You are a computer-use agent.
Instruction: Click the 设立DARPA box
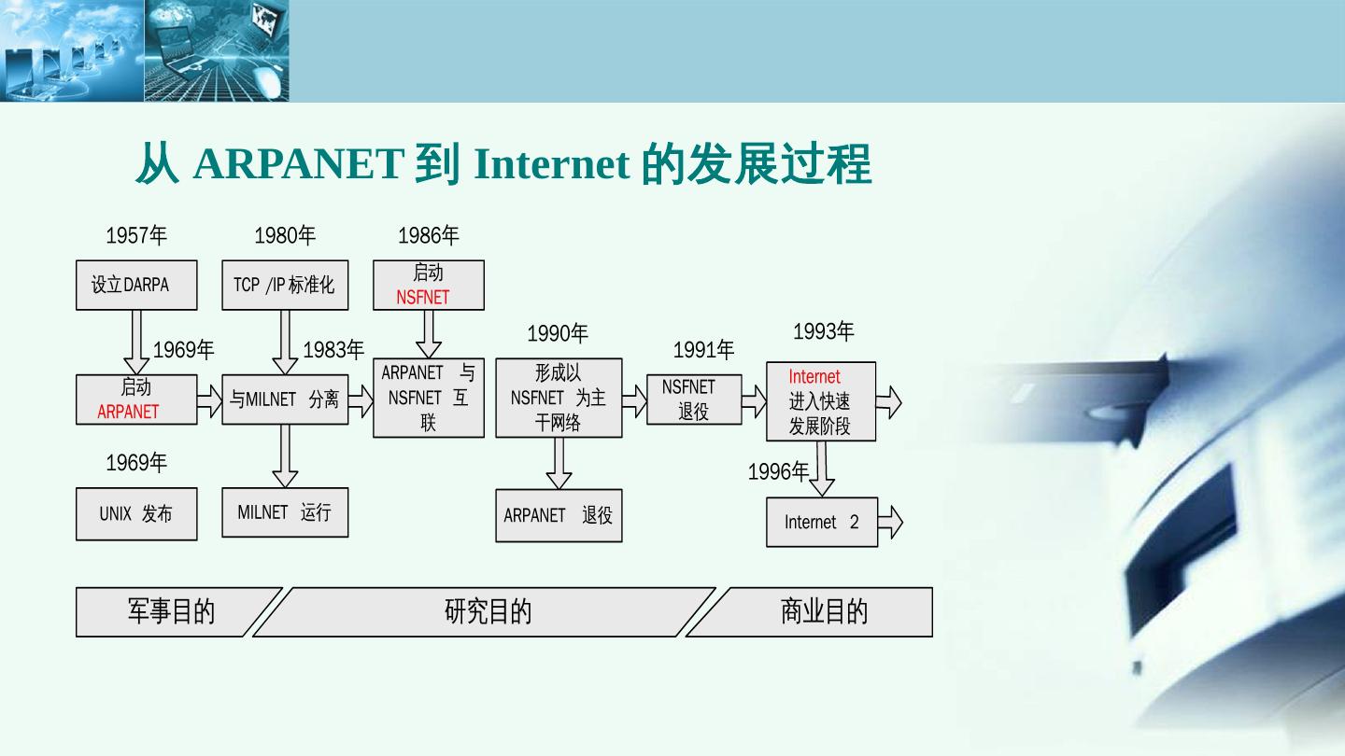pyautogui.click(x=136, y=285)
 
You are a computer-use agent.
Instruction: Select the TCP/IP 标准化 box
pyautogui.click(x=285, y=285)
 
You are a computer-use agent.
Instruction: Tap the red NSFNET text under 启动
pyautogui.click(x=423, y=298)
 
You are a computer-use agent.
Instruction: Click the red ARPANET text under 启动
pyautogui.click(x=129, y=412)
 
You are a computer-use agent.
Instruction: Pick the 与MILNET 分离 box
pyautogui.click(x=285, y=399)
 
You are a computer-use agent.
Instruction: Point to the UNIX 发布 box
pyautogui.click(x=136, y=513)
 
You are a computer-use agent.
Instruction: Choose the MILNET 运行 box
pyautogui.click(x=285, y=512)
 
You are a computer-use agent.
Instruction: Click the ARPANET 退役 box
pyautogui.click(x=559, y=515)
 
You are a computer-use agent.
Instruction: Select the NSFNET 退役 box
pyautogui.click(x=694, y=399)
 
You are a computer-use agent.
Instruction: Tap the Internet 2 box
pyautogui.click(x=822, y=522)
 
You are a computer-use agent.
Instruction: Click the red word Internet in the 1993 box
pyautogui.click(x=814, y=377)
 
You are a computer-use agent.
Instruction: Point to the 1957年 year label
pyautogui.click(x=136, y=235)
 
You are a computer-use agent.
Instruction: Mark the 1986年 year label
pyautogui.click(x=429, y=235)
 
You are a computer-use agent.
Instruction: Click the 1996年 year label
pyautogui.click(x=778, y=472)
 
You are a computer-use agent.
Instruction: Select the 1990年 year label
pyautogui.click(x=558, y=333)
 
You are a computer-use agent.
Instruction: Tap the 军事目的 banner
pyautogui.click(x=171, y=611)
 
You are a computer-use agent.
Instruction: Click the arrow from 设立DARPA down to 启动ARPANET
pyautogui.click(x=136, y=342)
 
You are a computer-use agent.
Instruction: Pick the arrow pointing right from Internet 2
pyautogui.click(x=891, y=522)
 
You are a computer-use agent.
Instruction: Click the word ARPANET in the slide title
pyautogui.click(x=298, y=164)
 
